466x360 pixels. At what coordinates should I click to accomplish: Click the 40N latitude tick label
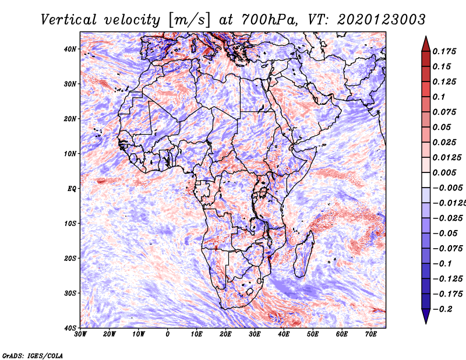pos(69,49)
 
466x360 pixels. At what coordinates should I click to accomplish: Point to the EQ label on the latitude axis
pos(71,188)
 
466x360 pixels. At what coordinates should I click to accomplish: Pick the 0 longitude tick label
pos(168,334)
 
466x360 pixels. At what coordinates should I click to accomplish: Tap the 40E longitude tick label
pos(284,334)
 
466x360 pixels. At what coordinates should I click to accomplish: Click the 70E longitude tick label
pos(371,334)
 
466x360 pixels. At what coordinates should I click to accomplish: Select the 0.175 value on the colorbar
pos(444,51)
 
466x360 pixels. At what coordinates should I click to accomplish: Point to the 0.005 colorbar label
pos(444,172)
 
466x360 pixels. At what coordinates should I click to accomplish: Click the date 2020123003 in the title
pos(380,19)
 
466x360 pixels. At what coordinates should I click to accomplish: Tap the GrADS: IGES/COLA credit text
pos(33,355)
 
